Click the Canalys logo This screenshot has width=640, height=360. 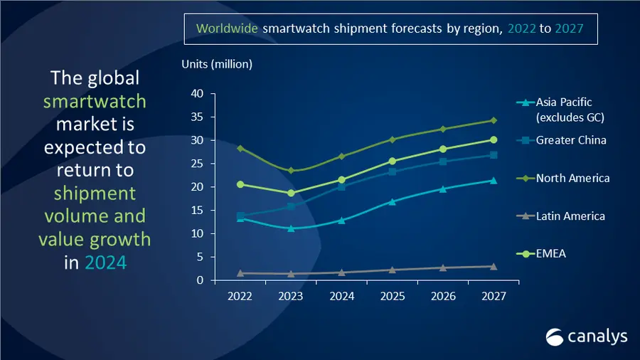(586, 337)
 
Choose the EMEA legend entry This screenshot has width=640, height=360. (551, 253)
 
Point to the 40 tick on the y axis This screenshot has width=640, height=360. (198, 94)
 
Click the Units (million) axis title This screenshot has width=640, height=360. (217, 65)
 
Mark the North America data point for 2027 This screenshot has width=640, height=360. (494, 120)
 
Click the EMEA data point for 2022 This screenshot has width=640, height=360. (240, 184)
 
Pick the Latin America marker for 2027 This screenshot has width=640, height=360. (494, 266)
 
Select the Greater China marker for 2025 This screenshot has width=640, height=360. (392, 171)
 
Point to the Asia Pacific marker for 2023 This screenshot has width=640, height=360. (291, 228)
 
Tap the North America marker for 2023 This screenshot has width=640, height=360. (291, 171)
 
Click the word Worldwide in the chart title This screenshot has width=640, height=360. (227, 29)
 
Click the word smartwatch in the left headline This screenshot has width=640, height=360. (95, 101)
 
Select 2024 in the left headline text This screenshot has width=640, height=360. (105, 263)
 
